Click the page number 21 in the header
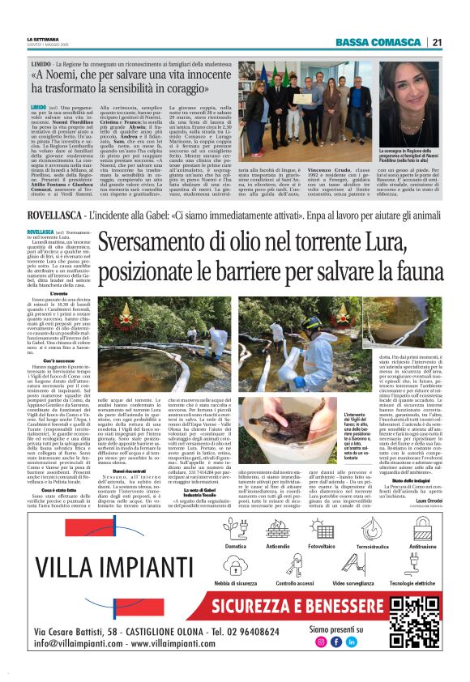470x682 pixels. coord(436,42)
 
